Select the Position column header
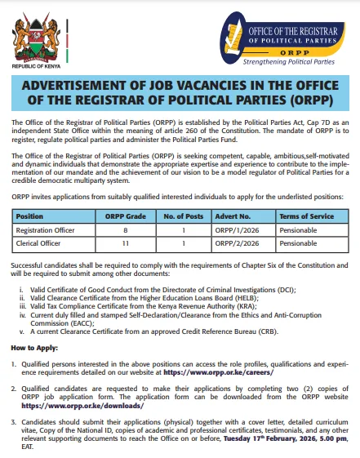coord(30,216)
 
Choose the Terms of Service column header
coord(307,216)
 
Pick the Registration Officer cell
coord(46,230)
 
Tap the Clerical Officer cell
coord(39,243)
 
